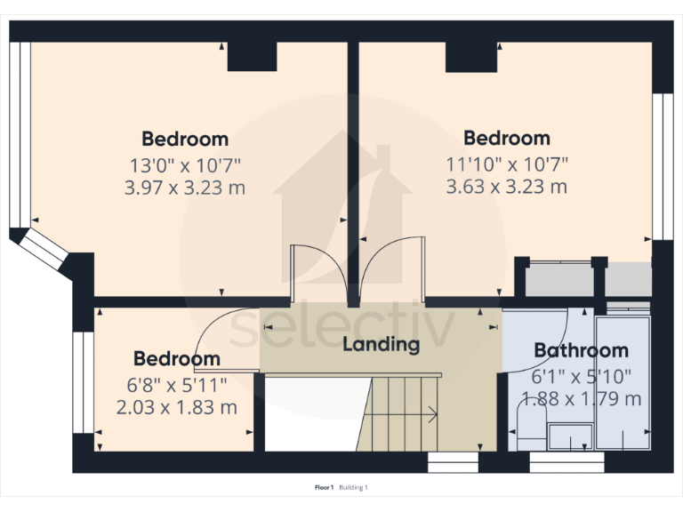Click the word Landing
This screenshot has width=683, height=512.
381,345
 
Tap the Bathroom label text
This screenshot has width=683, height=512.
581,351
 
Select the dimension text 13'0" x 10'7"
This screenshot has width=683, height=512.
185,164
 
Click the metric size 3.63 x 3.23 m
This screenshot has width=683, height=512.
506,187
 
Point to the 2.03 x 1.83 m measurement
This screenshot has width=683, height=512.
176,408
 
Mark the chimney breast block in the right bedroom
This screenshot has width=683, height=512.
471,57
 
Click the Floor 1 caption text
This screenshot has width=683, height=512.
324,487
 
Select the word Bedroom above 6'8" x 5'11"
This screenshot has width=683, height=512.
176,359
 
